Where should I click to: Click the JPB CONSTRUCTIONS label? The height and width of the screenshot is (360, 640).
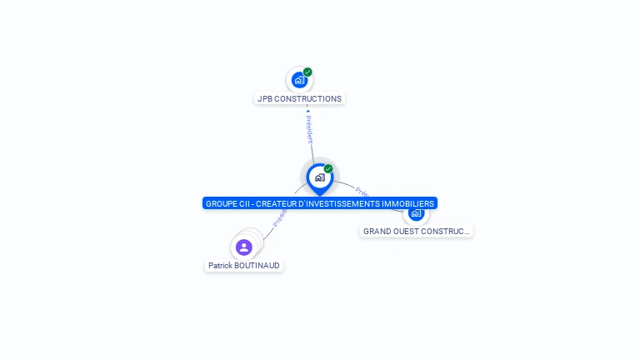pyautogui.click(x=299, y=98)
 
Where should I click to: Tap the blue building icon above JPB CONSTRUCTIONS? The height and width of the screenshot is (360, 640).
pyautogui.click(x=299, y=80)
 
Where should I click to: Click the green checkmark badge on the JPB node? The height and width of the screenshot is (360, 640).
pyautogui.click(x=307, y=72)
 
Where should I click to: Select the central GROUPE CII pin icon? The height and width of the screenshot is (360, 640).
pyautogui.click(x=319, y=177)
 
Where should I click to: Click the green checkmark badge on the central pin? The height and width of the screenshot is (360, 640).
pyautogui.click(x=328, y=168)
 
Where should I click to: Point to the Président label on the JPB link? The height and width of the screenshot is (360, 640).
pyautogui.click(x=309, y=130)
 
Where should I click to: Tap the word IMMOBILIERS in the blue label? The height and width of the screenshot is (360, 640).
pyautogui.click(x=407, y=203)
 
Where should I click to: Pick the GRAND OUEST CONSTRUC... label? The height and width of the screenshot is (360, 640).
pyautogui.click(x=416, y=232)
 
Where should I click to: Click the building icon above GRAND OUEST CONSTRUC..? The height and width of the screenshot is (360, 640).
pyautogui.click(x=417, y=213)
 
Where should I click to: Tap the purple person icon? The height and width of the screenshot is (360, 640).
pyautogui.click(x=243, y=247)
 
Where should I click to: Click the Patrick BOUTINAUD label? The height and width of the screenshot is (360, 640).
pyautogui.click(x=244, y=266)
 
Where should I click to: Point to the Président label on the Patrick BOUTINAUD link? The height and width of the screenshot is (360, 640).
pyautogui.click(x=280, y=217)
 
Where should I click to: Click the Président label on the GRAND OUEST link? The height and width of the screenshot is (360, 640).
pyautogui.click(x=362, y=191)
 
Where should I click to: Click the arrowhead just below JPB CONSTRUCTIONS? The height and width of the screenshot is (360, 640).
pyautogui.click(x=307, y=111)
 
